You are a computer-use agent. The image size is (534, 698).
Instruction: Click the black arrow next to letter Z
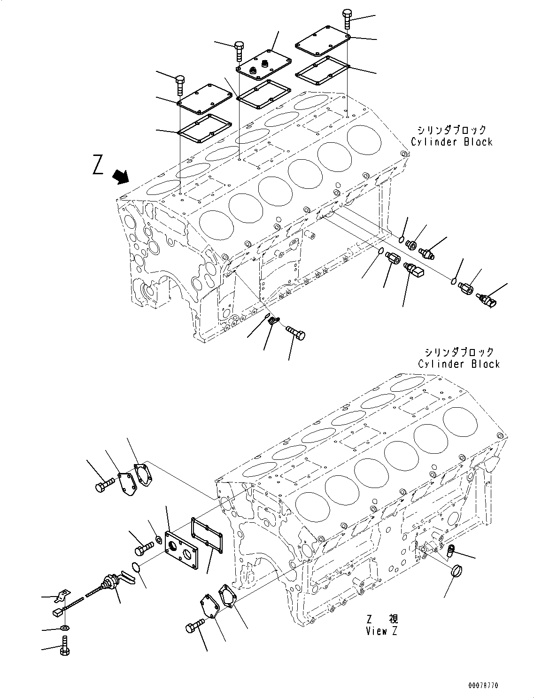(121, 177)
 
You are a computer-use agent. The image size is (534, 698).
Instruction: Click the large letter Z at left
(98, 166)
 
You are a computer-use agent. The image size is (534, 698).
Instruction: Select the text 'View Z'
(381, 631)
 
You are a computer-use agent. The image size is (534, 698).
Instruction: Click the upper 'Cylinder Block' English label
(451, 142)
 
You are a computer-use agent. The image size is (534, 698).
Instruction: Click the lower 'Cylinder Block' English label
(458, 364)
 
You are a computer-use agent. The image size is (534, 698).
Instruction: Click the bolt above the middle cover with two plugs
(239, 50)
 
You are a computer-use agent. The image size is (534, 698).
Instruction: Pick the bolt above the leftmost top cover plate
(180, 85)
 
